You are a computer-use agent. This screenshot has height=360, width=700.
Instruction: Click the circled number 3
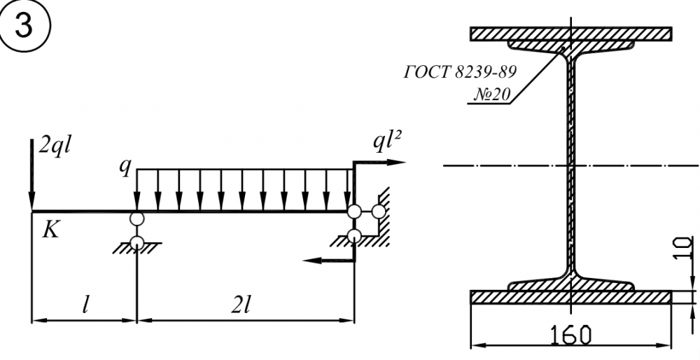click(x=24, y=25)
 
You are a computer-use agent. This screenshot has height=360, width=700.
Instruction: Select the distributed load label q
click(x=125, y=167)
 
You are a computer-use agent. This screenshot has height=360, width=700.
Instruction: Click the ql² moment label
click(x=387, y=143)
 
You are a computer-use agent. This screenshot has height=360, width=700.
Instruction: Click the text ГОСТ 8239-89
click(x=460, y=72)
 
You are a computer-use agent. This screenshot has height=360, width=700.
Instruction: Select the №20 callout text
click(x=491, y=94)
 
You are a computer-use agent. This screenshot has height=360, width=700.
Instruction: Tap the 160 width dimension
click(x=571, y=335)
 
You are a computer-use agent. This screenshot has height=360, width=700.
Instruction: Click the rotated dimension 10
click(x=682, y=248)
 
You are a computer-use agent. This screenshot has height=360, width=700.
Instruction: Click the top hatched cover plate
click(x=571, y=34)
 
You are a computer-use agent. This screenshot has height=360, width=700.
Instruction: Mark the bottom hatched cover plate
click(x=571, y=298)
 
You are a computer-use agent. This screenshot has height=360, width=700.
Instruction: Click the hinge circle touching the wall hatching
click(x=378, y=212)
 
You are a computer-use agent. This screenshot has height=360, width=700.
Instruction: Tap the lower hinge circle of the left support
click(x=137, y=242)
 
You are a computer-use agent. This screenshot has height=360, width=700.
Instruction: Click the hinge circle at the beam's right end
click(x=354, y=212)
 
